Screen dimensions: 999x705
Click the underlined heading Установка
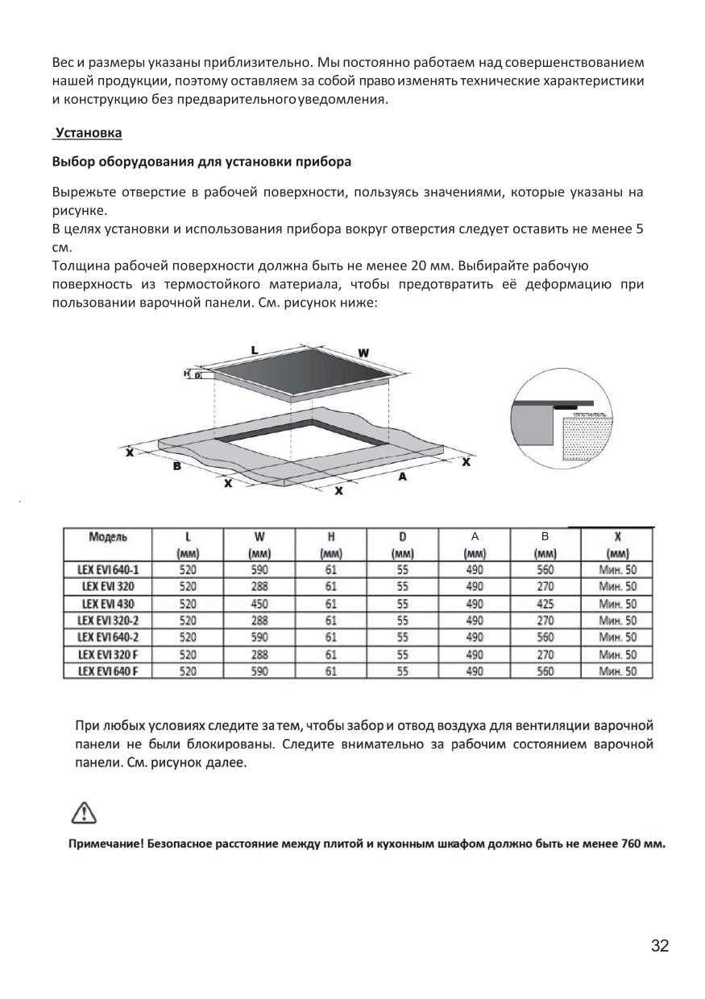[88, 132]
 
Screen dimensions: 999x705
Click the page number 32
[660, 946]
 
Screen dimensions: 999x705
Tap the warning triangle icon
[85, 813]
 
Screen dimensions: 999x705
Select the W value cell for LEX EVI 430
[259, 604]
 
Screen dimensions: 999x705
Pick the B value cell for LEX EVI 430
[545, 604]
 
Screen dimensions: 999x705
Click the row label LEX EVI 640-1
[108, 570]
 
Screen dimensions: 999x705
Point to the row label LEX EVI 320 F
[108, 654]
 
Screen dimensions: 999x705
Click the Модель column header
[108, 536]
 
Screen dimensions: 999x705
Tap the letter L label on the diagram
[255, 350]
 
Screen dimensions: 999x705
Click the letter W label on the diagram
[363, 353]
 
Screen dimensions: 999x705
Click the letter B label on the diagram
[176, 469]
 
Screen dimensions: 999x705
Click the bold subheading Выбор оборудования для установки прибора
[201, 161]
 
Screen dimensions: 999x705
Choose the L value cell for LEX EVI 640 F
[189, 671]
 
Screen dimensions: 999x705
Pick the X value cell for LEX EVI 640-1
[617, 570]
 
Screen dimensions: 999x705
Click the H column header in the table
[330, 536]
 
